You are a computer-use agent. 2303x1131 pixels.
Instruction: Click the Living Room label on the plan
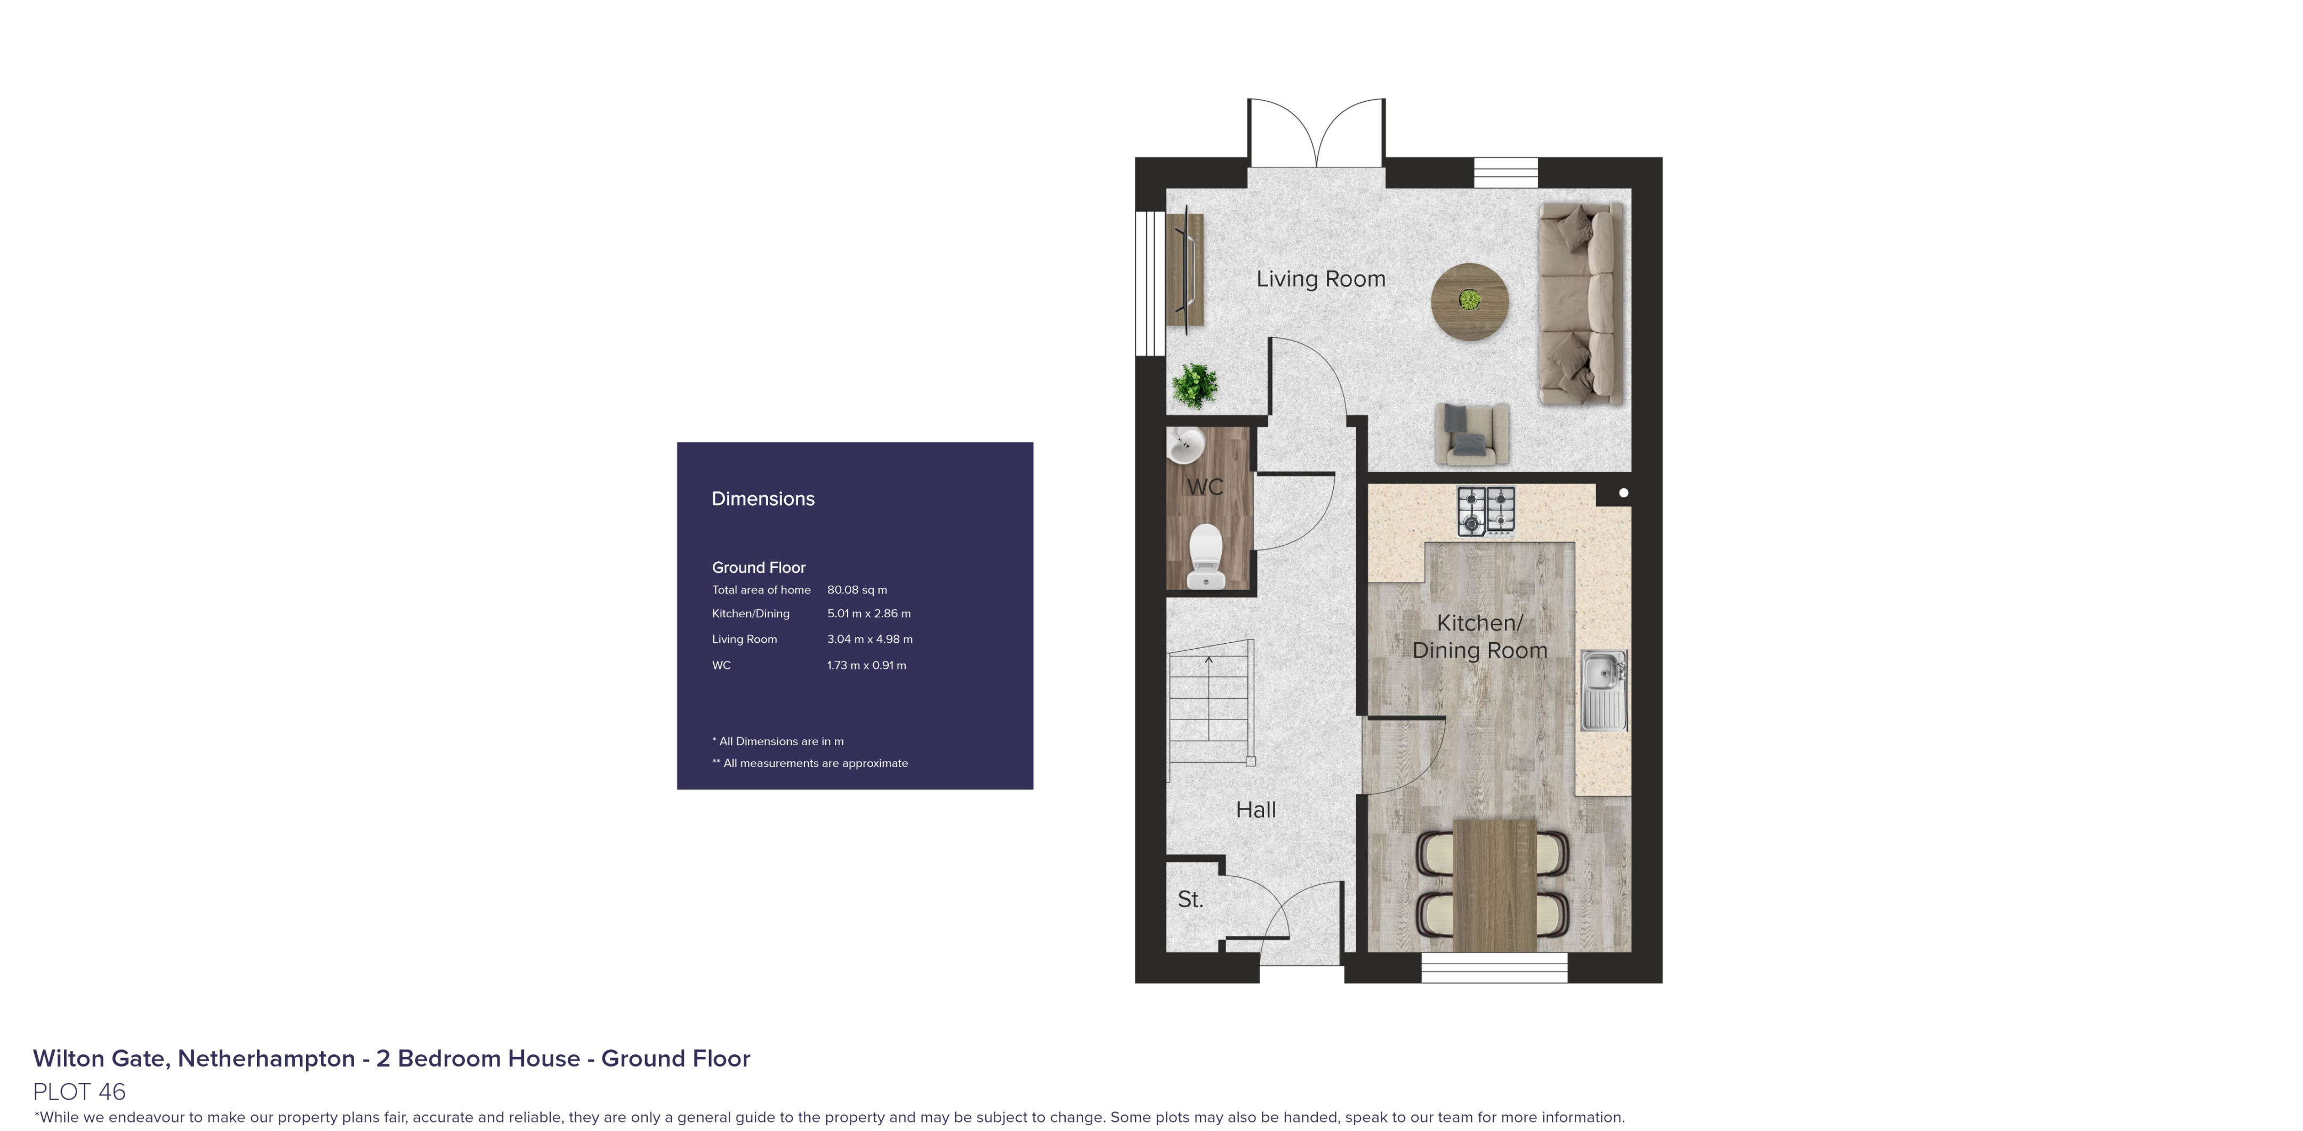(x=1320, y=279)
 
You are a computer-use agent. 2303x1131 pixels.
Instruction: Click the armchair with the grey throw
(x=1471, y=434)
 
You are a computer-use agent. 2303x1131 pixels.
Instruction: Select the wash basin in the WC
(x=1186, y=445)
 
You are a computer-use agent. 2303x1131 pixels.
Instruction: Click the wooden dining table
(x=1494, y=885)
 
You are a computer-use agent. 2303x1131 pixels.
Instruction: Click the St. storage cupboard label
(x=1190, y=900)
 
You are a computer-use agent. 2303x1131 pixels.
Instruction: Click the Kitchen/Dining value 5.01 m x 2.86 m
(x=868, y=614)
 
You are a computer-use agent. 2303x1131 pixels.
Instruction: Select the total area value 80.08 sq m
(x=857, y=590)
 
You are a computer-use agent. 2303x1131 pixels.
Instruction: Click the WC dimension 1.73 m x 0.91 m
(x=866, y=665)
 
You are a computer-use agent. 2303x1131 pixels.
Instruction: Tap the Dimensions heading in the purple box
(x=762, y=499)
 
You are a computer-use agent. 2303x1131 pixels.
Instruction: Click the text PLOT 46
(x=79, y=1092)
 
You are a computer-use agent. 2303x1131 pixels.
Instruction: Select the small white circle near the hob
(x=1623, y=492)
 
